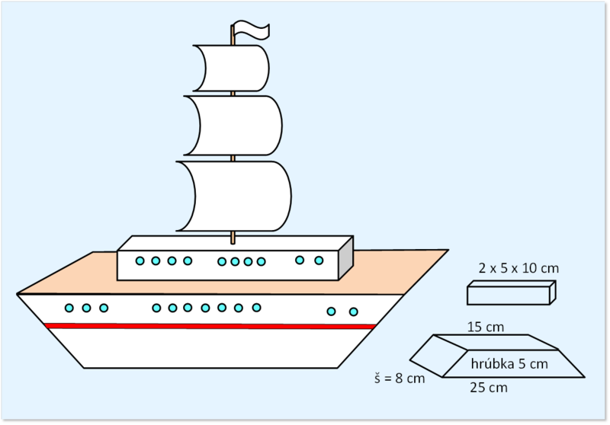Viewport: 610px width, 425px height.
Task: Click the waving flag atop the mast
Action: (x=252, y=30)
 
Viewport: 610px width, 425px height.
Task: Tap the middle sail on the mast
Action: (x=233, y=126)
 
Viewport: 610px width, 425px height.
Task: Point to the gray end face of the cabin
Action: (x=346, y=258)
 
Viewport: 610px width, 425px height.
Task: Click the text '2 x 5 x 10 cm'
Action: (x=518, y=268)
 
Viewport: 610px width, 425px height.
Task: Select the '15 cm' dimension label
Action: (x=486, y=327)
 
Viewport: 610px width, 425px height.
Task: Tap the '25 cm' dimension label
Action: (x=489, y=388)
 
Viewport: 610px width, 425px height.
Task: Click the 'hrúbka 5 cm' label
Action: (x=509, y=363)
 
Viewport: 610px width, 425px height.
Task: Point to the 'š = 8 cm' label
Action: (x=400, y=378)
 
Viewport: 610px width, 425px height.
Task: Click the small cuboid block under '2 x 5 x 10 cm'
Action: (x=511, y=292)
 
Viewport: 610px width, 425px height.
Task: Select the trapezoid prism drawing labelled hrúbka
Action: (x=498, y=356)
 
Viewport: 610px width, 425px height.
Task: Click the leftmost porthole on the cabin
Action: (x=140, y=261)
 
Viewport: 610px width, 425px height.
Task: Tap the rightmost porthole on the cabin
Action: (x=319, y=260)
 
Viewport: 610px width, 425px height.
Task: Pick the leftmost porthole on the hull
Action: (x=69, y=308)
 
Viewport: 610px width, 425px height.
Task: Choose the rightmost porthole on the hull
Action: (x=353, y=312)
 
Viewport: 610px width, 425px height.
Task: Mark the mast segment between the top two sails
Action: (x=233, y=94)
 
